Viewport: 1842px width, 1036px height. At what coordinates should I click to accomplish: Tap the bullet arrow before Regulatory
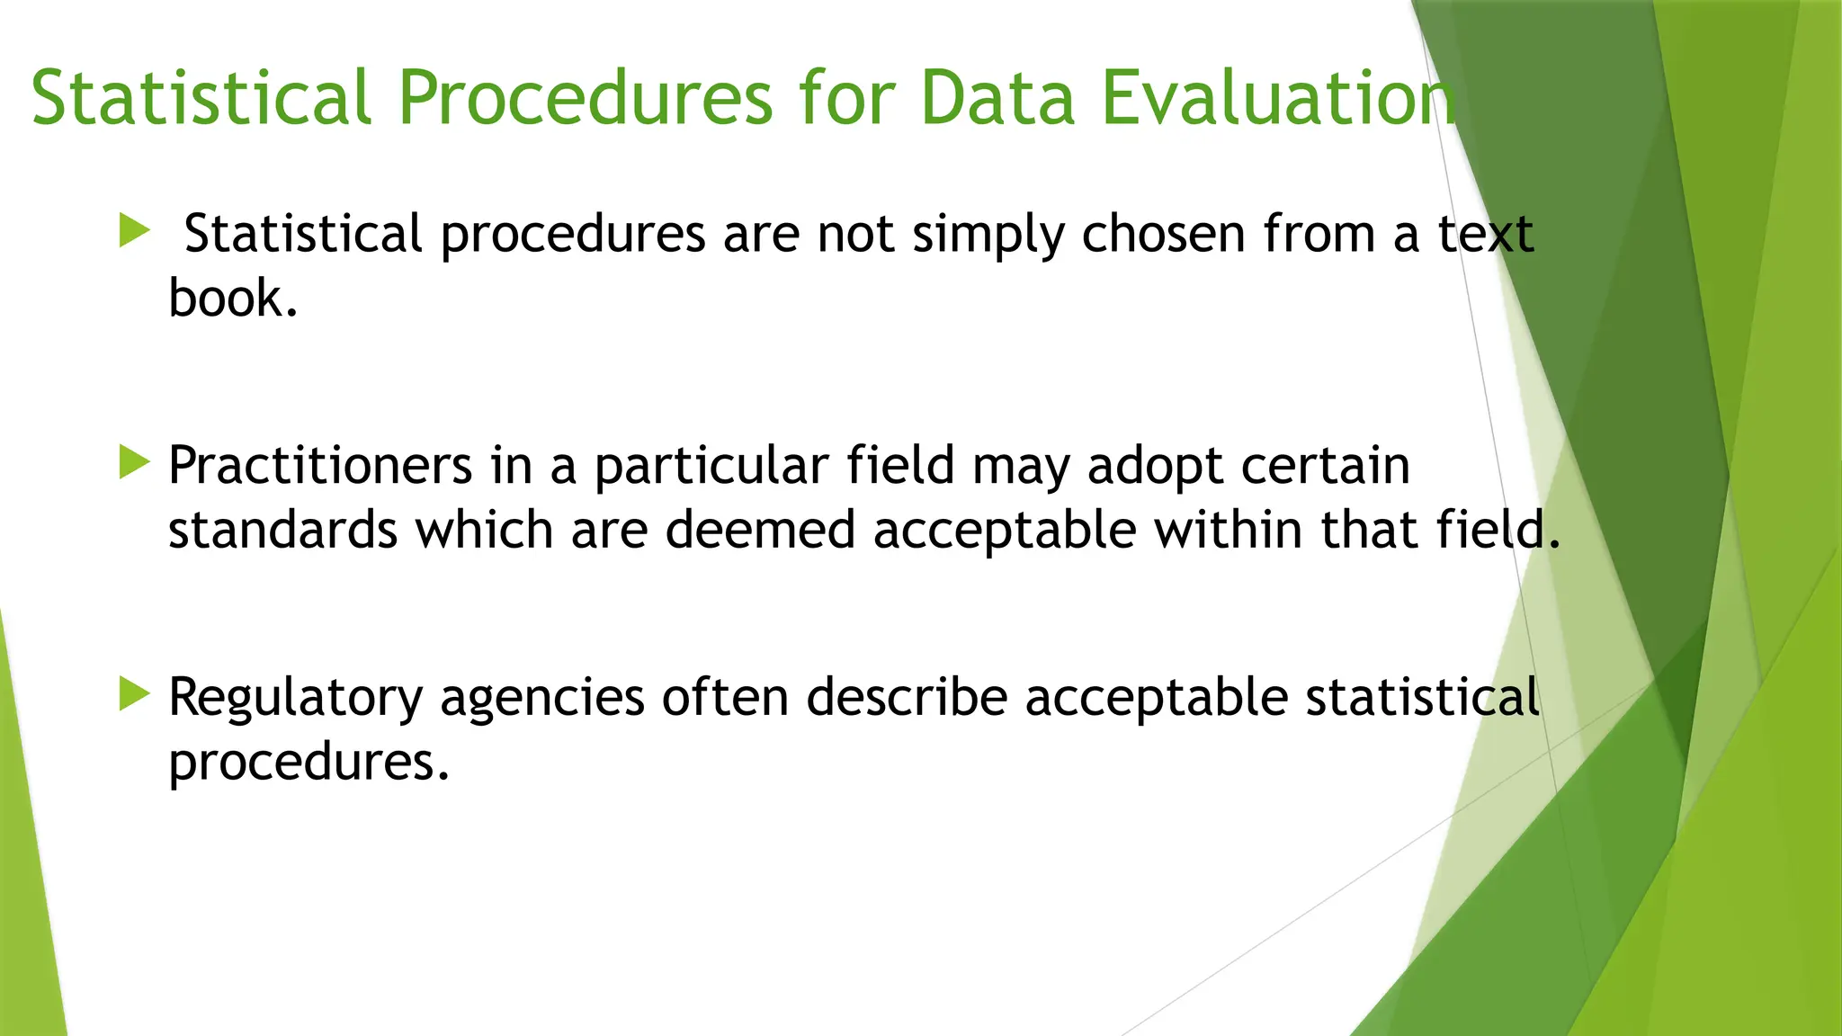point(134,694)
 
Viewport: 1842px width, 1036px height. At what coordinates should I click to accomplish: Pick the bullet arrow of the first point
point(134,231)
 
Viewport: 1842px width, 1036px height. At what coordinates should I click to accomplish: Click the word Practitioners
point(320,466)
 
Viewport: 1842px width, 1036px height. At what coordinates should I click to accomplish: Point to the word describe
point(906,697)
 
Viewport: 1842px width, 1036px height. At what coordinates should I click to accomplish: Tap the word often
point(725,697)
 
